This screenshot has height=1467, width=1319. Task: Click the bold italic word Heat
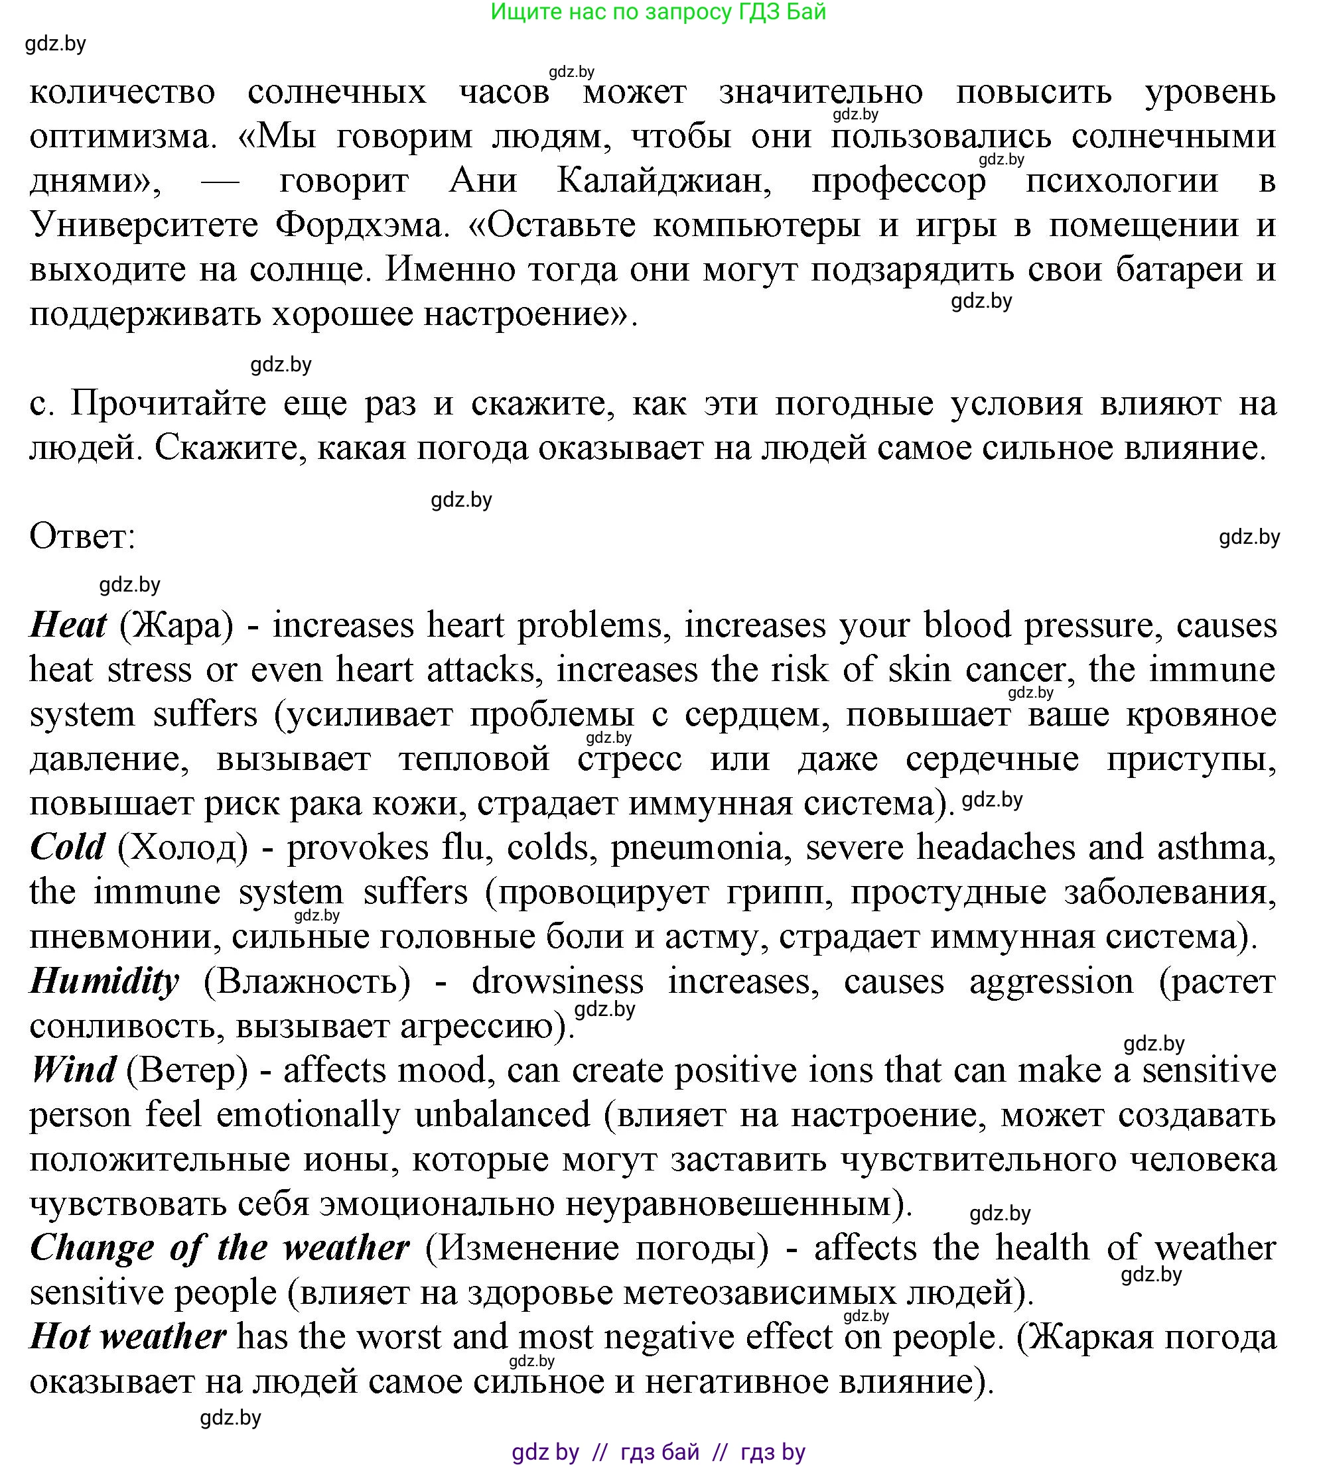[68, 625]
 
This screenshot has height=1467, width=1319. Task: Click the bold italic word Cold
[68, 847]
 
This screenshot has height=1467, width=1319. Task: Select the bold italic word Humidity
[104, 981]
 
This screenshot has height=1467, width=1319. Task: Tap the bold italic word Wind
[72, 1070]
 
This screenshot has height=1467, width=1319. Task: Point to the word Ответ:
[82, 536]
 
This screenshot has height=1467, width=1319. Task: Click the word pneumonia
[696, 847]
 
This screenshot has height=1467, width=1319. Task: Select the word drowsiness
[557, 981]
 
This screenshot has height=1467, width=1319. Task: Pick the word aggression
[1051, 981]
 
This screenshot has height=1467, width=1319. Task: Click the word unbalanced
[502, 1114]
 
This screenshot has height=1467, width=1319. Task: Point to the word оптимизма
[123, 135]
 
